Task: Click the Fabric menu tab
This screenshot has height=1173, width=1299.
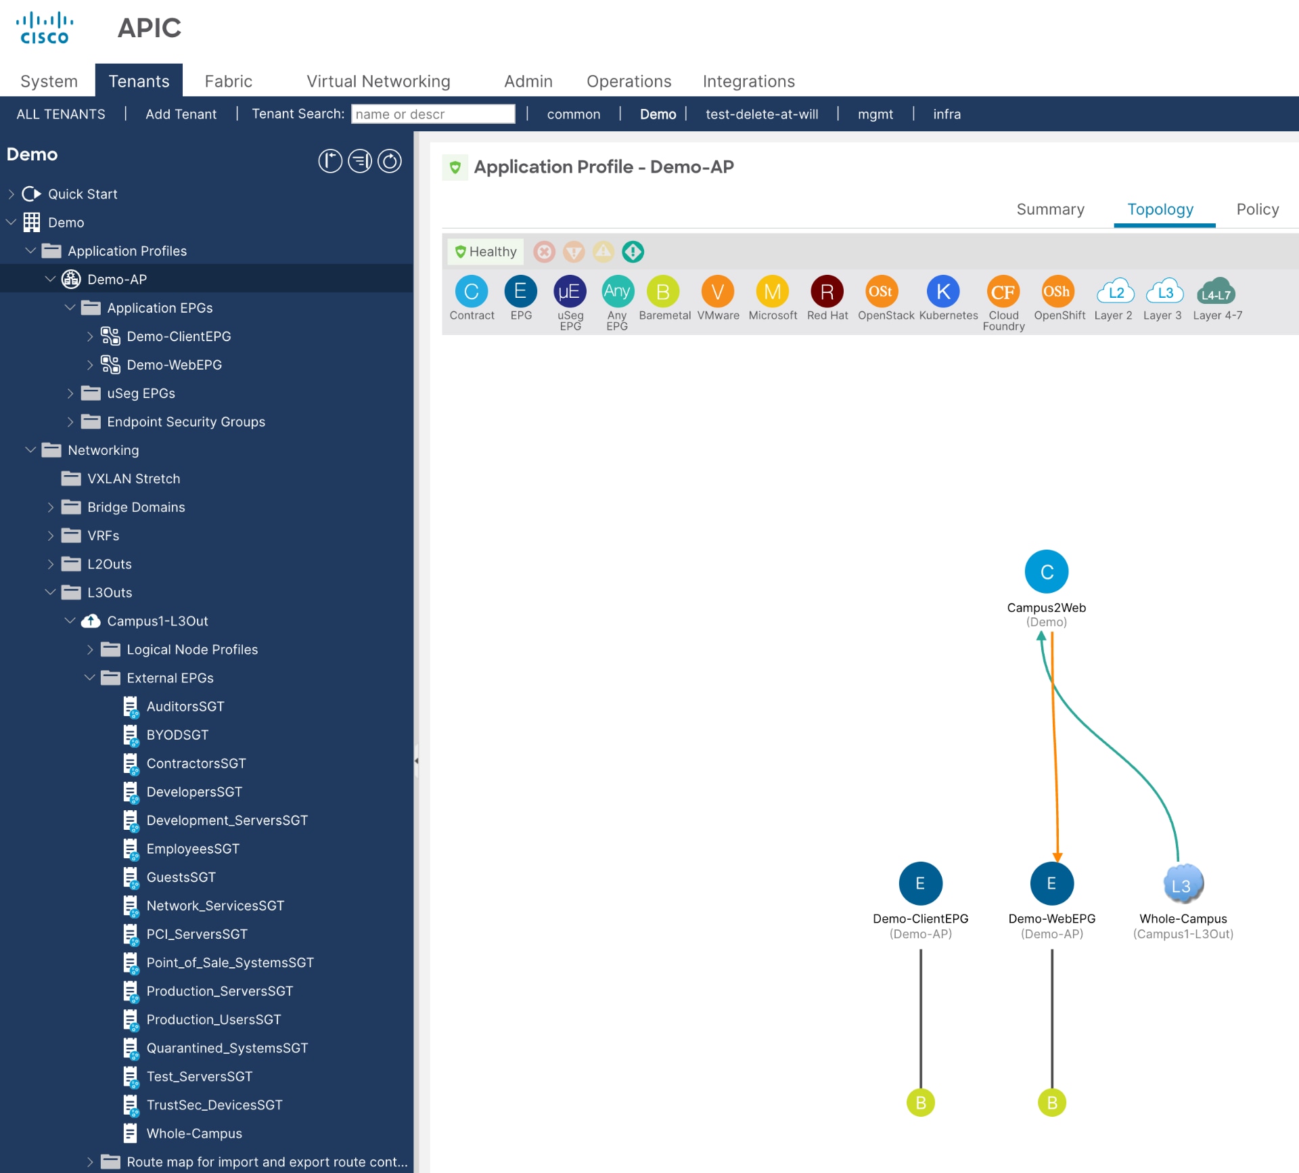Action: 228,81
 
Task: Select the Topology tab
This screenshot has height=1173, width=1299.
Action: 1160,209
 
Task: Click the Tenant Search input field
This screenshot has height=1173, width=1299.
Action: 432,114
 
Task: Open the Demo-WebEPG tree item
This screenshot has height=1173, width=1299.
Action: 174,365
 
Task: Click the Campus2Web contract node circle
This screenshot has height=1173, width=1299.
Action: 1046,572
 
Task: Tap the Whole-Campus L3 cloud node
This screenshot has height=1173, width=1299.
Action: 1183,884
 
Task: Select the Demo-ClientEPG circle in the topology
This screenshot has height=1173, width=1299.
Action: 920,883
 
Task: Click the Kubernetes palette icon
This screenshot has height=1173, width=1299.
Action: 943,292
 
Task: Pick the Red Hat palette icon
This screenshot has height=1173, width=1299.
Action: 827,292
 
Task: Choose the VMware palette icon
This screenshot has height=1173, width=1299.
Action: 717,292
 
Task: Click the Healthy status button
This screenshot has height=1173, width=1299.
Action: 486,252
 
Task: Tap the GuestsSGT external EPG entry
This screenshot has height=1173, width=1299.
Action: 181,877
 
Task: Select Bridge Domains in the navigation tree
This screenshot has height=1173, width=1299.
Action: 136,507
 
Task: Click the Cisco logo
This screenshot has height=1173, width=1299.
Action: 45,28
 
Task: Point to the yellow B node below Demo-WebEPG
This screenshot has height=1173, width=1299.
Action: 1051,1103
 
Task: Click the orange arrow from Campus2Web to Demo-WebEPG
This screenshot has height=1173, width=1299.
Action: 1054,745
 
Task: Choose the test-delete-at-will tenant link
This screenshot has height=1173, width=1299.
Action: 762,114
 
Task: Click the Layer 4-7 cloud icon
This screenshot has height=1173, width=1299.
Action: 1216,293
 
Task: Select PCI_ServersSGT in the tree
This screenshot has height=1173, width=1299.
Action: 197,934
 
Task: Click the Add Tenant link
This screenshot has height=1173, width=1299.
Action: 181,114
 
